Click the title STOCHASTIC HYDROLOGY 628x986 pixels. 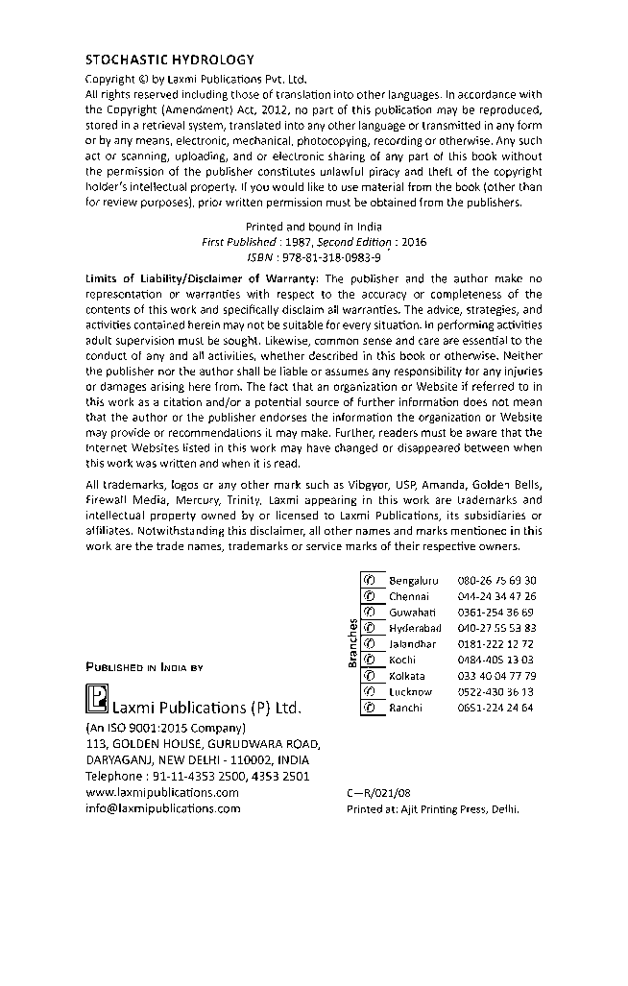tap(157, 60)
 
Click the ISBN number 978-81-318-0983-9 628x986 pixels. tap(325, 258)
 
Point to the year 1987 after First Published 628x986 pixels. tap(285, 243)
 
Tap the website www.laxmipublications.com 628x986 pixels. tap(162, 792)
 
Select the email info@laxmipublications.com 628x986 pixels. tap(163, 808)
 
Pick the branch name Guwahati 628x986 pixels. tap(412, 613)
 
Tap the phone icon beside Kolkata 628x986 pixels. tap(367, 676)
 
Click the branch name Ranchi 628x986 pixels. tap(405, 708)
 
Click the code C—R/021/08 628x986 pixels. tap(377, 793)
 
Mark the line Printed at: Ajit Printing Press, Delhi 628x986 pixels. tap(431, 809)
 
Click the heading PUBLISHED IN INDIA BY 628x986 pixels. tap(144, 665)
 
